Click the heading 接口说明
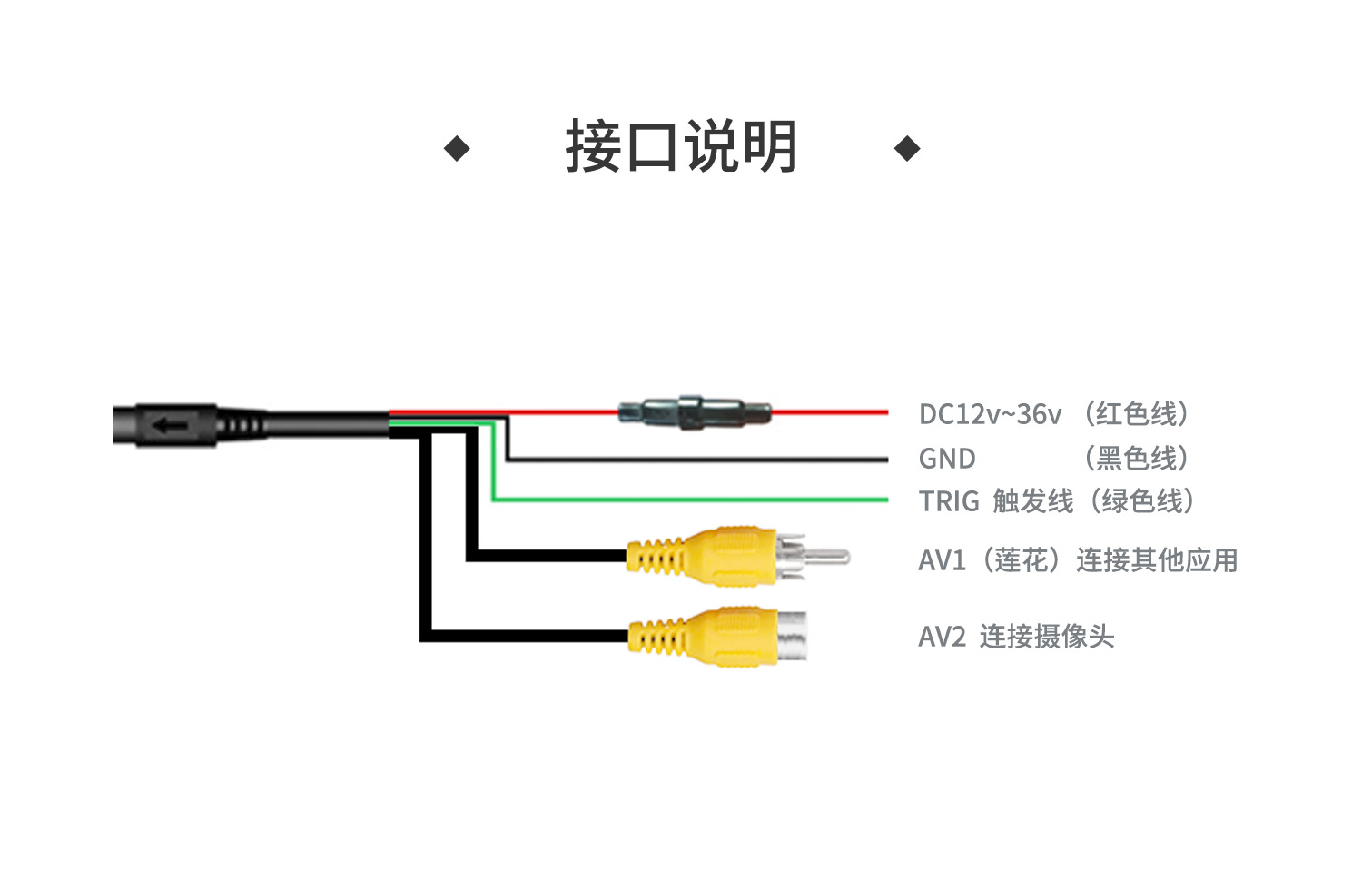(x=681, y=146)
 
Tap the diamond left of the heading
(x=457, y=148)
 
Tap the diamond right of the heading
(x=907, y=148)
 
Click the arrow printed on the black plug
(x=170, y=425)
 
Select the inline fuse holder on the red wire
(x=695, y=413)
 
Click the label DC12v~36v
(x=990, y=414)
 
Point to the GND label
(x=947, y=459)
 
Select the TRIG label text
(x=949, y=501)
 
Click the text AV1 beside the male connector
(x=942, y=560)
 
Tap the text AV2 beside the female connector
(x=942, y=637)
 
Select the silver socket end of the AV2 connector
(x=793, y=635)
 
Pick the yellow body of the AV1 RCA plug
(x=701, y=557)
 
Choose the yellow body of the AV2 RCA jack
(x=703, y=636)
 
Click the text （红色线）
(x=1136, y=414)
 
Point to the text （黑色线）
(x=1136, y=459)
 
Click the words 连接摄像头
(x=1046, y=637)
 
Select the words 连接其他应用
(x=1157, y=560)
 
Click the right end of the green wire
(x=887, y=500)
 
